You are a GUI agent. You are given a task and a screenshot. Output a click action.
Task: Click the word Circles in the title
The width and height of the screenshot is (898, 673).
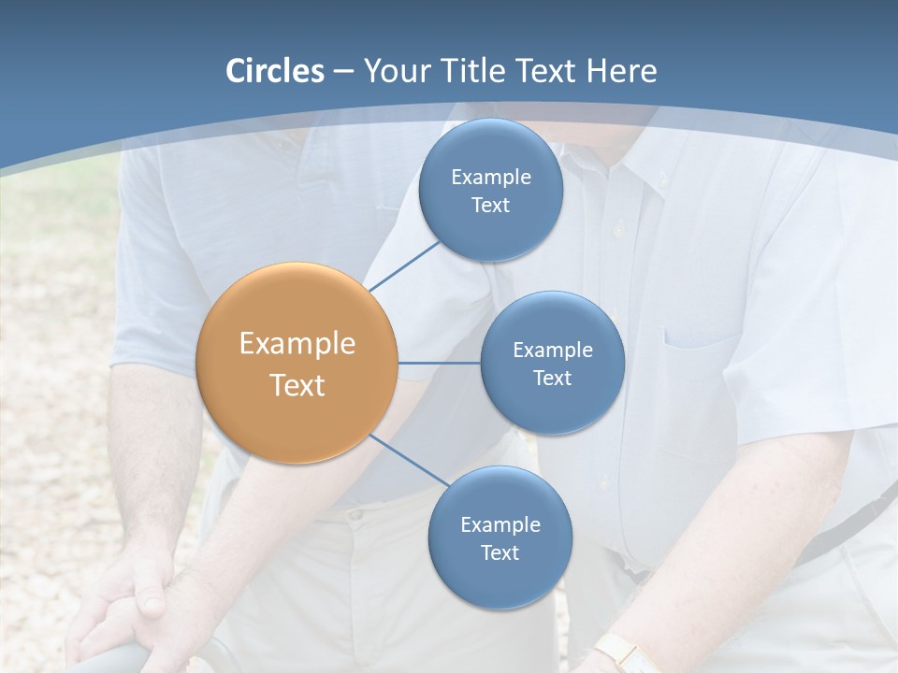click(x=274, y=71)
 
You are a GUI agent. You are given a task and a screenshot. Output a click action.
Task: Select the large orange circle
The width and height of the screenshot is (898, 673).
click(x=297, y=363)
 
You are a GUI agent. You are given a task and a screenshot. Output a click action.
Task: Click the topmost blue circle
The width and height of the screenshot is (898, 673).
click(x=491, y=190)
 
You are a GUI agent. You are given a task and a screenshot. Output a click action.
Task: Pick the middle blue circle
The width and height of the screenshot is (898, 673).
click(x=553, y=363)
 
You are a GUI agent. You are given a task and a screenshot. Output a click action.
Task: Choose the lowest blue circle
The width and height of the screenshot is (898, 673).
click(x=500, y=537)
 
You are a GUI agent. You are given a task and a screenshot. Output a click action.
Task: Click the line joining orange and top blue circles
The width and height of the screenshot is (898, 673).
click(x=404, y=265)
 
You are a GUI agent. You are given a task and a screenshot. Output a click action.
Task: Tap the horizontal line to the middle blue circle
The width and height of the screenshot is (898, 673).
click(x=439, y=363)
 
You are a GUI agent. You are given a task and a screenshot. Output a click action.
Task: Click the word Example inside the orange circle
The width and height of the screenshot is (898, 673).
click(x=297, y=344)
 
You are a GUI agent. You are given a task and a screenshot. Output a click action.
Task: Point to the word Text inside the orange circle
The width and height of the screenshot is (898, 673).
click(x=297, y=385)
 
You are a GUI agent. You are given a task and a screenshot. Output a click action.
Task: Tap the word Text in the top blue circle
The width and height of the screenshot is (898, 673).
click(x=491, y=206)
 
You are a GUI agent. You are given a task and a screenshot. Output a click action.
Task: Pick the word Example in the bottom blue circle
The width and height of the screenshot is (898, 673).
click(x=500, y=524)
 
